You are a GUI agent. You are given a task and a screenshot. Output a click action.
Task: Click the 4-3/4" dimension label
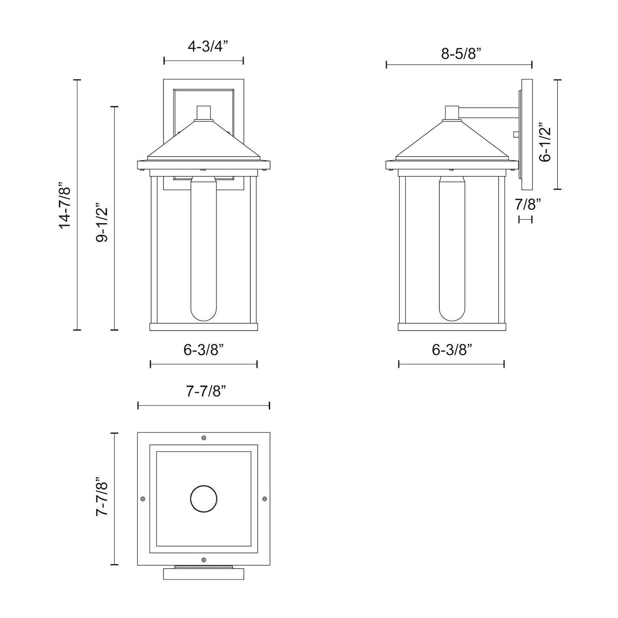pyautogui.click(x=204, y=46)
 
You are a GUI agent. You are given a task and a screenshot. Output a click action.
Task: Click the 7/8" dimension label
pyautogui.click(x=528, y=204)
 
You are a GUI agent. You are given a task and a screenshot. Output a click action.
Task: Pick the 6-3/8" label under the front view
pyautogui.click(x=204, y=350)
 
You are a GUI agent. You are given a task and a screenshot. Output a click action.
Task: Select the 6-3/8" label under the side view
pyautogui.click(x=452, y=350)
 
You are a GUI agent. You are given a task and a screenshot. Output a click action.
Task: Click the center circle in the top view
pyautogui.click(x=204, y=499)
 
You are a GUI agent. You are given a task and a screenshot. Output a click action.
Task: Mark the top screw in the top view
pyautogui.click(x=204, y=438)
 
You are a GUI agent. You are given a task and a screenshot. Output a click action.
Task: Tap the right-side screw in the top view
pyautogui.click(x=264, y=499)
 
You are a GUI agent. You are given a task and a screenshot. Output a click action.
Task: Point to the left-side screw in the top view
pyautogui.click(x=143, y=499)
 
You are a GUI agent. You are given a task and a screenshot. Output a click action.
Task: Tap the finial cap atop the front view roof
pyautogui.click(x=204, y=112)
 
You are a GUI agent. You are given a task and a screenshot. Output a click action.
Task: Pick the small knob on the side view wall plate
pyautogui.click(x=516, y=134)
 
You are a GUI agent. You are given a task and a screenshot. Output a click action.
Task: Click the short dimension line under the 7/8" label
pyautogui.click(x=525, y=219)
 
